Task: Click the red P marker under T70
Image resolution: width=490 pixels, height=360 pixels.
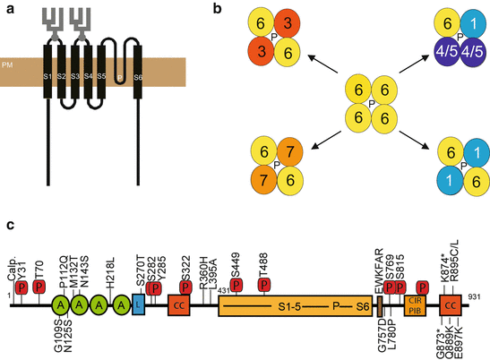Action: point(39,286)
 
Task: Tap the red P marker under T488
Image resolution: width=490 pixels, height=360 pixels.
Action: point(265,285)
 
